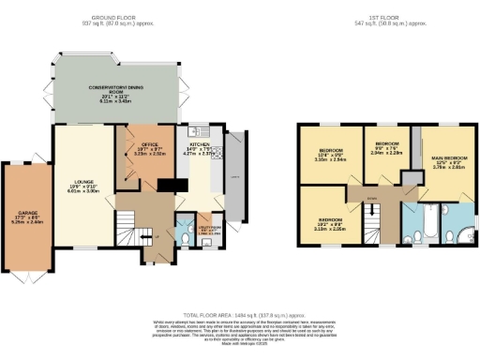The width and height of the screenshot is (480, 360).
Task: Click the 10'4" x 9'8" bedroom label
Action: coord(332,154)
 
